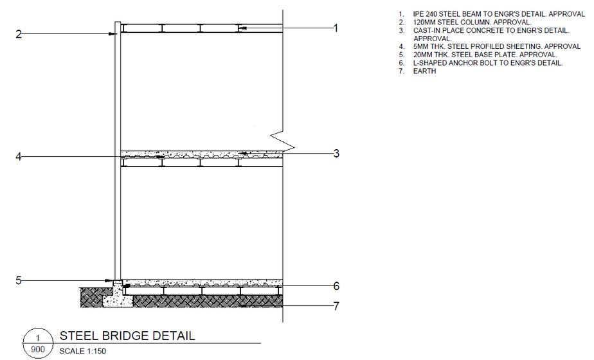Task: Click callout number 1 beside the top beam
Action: pos(335,28)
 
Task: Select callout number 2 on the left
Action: pos(19,34)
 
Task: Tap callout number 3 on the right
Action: pos(336,154)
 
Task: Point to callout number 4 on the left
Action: pos(19,156)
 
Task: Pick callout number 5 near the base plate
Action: pos(19,280)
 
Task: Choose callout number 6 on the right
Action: pos(336,287)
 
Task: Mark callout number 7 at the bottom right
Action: pos(336,305)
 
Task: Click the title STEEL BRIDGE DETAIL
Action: pos(127,336)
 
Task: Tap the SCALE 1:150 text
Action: pos(85,352)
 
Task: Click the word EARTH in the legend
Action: pos(424,71)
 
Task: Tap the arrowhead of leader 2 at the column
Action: pos(113,34)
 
